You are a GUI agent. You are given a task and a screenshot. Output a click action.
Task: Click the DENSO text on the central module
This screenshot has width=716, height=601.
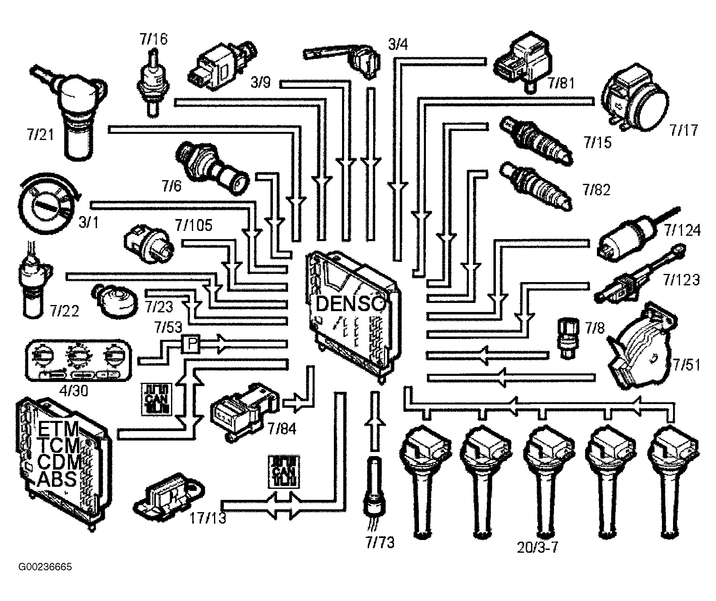pyautogui.click(x=351, y=304)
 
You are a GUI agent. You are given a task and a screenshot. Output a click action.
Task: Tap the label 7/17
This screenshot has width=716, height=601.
pyautogui.click(x=683, y=131)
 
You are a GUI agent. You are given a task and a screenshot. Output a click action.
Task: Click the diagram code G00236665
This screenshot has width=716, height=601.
pyautogui.click(x=45, y=567)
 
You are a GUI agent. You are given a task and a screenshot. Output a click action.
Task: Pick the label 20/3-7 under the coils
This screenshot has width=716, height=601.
pyautogui.click(x=538, y=547)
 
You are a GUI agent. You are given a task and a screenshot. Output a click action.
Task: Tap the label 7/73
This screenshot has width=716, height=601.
pyautogui.click(x=381, y=542)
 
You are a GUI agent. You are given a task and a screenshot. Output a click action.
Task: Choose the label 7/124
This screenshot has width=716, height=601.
pyautogui.click(x=682, y=230)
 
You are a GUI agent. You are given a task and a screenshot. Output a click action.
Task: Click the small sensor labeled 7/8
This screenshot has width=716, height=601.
pyautogui.click(x=566, y=338)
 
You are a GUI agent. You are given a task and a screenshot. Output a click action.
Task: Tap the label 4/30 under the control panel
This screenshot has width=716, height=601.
pyautogui.click(x=74, y=391)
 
